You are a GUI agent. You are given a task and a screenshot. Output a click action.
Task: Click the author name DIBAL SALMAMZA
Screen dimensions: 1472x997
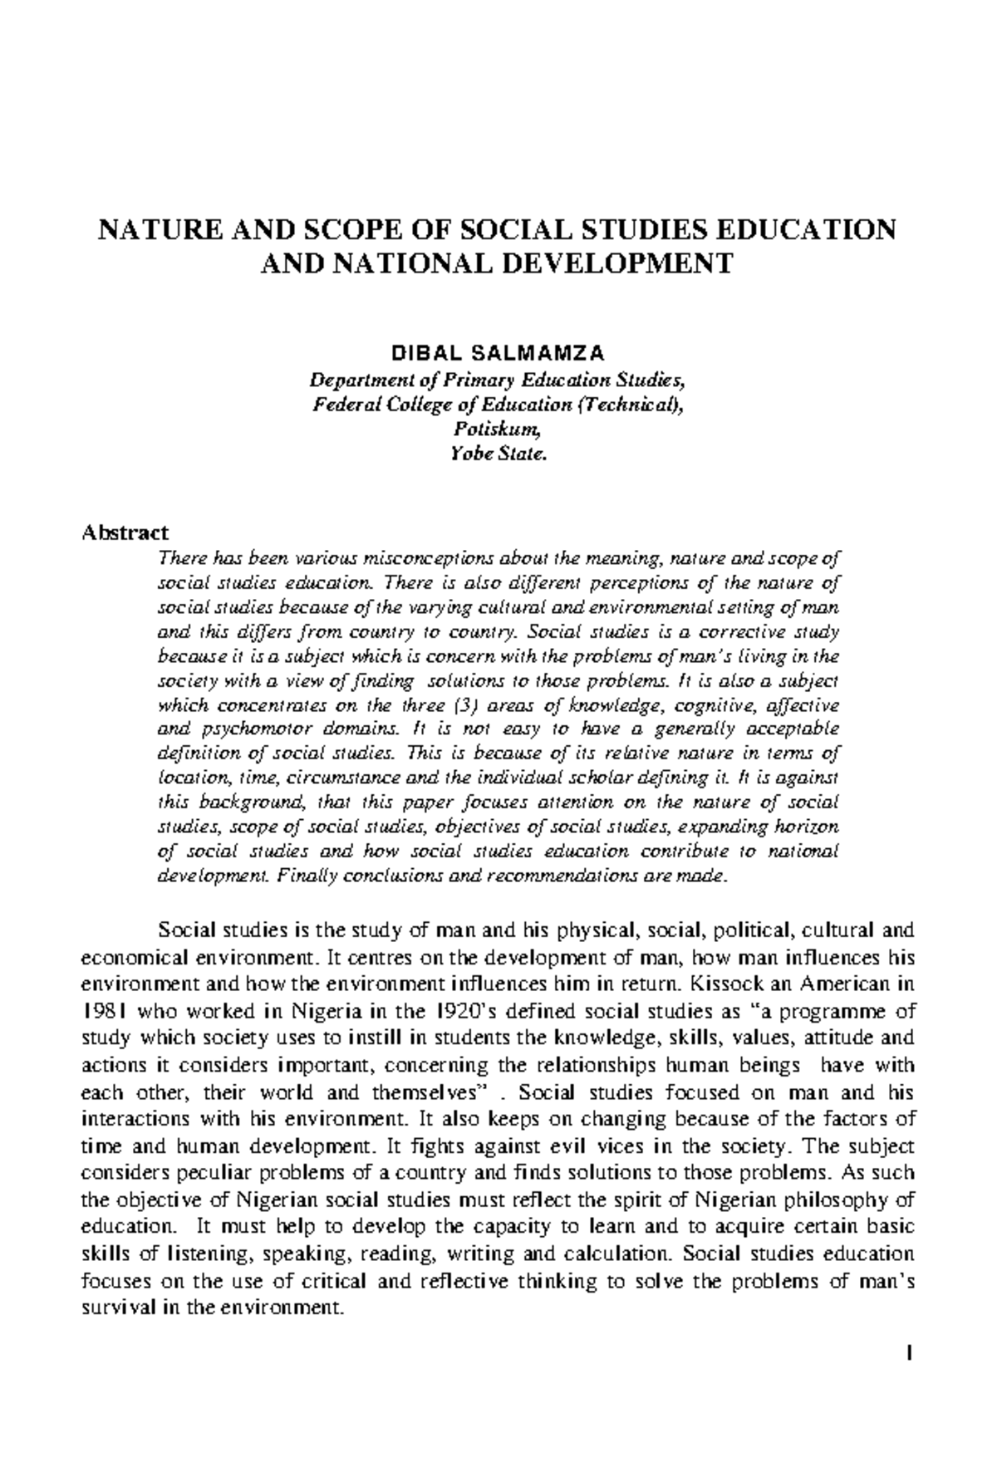click(498, 354)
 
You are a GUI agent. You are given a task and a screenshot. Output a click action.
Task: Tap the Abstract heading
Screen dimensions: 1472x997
click(125, 532)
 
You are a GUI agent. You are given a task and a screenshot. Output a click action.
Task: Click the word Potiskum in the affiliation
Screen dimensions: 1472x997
click(498, 429)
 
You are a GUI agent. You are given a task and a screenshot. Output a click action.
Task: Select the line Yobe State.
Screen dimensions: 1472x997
click(498, 454)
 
